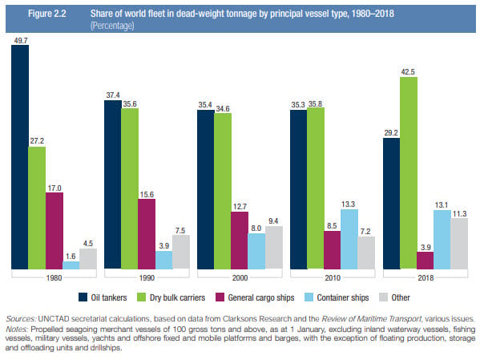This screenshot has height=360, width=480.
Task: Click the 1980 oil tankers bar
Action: (20, 157)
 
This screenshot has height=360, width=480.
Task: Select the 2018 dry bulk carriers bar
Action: (409, 173)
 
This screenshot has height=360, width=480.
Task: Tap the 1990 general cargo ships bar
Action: (147, 234)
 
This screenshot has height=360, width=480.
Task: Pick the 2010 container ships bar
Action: (349, 239)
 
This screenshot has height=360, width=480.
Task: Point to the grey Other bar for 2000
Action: (274, 248)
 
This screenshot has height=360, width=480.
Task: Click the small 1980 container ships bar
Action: (71, 265)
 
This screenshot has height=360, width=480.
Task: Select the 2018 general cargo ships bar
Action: (426, 261)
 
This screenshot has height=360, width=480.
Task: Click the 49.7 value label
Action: (21, 40)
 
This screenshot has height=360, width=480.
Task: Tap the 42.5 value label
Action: (408, 72)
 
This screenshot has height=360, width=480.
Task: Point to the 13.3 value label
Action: (348, 204)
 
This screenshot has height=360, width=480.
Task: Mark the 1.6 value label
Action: (71, 256)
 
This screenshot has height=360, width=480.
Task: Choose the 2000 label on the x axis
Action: (240, 278)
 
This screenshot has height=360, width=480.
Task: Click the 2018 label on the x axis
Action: (426, 278)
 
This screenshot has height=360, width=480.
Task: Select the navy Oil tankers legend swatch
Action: (83, 297)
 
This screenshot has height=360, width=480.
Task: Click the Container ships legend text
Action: (343, 297)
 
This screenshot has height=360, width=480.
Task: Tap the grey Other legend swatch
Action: (384, 297)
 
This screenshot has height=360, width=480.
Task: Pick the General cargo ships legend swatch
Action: (220, 297)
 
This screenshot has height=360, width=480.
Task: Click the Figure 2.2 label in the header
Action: (47, 14)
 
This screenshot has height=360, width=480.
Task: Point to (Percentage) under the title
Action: (112, 26)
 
